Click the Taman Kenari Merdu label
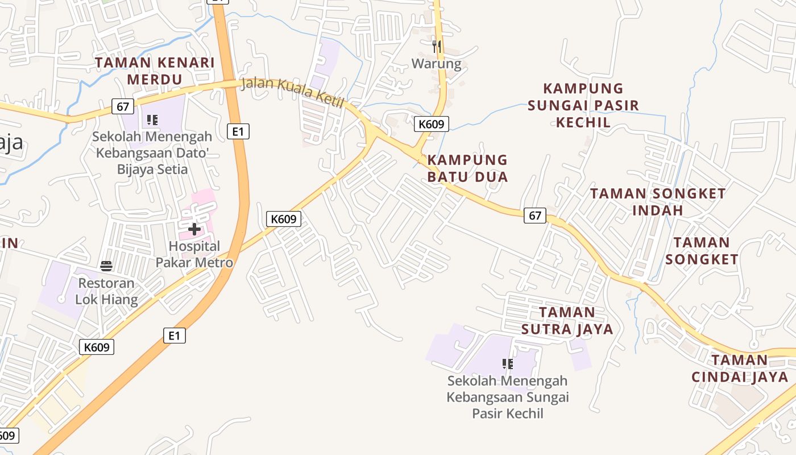[154, 71]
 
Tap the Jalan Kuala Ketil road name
[293, 93]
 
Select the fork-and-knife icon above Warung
[437, 46]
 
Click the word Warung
[437, 63]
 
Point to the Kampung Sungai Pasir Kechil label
[583, 105]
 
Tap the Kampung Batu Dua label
[467, 168]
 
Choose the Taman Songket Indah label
[658, 202]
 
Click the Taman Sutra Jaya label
[567, 321]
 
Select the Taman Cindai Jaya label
[740, 369]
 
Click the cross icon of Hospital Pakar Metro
[194, 229]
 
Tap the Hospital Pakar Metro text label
[194, 254]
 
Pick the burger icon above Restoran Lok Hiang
[106, 266]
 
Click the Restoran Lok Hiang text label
[106, 291]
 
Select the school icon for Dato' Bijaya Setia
[152, 120]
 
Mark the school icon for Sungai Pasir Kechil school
[508, 363]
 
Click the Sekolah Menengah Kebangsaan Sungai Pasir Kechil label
[508, 396]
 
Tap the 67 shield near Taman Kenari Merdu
[123, 106]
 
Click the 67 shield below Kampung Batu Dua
[535, 216]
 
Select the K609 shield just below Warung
[432, 124]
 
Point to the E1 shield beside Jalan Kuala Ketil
[238, 131]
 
